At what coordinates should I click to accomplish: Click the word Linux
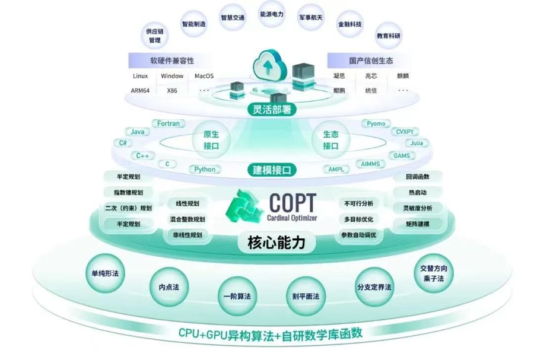(x=140, y=76)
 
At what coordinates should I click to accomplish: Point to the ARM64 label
(x=141, y=91)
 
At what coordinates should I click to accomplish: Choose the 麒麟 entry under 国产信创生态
(x=403, y=76)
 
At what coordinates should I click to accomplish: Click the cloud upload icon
(x=268, y=64)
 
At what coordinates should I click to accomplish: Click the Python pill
(x=205, y=170)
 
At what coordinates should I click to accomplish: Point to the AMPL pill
(x=335, y=170)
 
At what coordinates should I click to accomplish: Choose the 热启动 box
(x=417, y=193)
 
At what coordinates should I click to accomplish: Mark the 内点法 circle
(x=169, y=286)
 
